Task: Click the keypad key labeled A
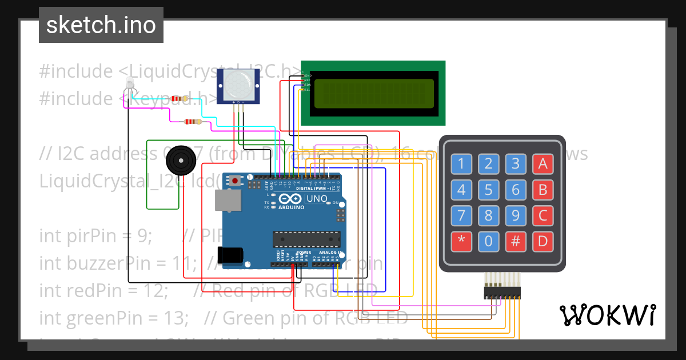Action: (x=543, y=164)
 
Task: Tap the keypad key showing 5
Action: (x=488, y=189)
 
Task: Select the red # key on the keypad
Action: (x=516, y=241)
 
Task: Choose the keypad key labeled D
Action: (x=543, y=241)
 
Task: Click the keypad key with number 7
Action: (x=461, y=215)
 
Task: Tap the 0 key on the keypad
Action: (x=488, y=241)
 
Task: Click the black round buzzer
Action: (x=180, y=161)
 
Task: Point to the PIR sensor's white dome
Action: (x=237, y=84)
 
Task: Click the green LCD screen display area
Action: (x=374, y=93)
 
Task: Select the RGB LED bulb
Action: (x=130, y=83)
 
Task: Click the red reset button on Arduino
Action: (x=236, y=181)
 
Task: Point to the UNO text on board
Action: (x=317, y=199)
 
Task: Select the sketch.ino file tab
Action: (x=101, y=25)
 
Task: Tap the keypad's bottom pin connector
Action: (x=502, y=293)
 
